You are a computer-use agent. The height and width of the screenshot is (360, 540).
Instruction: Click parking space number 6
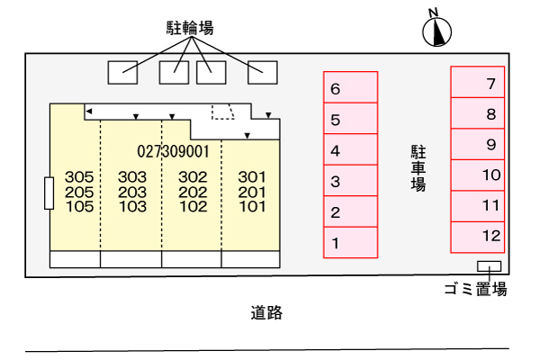pos(350,88)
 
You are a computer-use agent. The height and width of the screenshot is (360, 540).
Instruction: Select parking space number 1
pos(350,242)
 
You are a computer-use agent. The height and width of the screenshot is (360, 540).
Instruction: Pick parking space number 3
pos(350,181)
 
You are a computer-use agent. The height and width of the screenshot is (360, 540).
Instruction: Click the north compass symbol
pos(436,31)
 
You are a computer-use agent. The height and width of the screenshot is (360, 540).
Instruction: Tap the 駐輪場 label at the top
pos(191,29)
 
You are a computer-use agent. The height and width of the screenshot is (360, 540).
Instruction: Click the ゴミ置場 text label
pos(475,289)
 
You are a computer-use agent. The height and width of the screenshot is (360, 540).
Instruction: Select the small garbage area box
pos(490,265)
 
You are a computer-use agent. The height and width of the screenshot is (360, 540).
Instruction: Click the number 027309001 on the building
pos(174,151)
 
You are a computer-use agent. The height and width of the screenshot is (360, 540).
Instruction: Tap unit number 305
pos(79,177)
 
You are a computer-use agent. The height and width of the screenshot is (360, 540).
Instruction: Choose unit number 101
pos(252,206)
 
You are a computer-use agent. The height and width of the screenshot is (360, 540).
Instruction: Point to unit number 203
pos(131,192)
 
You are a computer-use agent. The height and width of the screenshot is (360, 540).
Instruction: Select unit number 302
pos(193,177)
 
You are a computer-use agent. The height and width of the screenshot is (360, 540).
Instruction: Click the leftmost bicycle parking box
pos(122,71)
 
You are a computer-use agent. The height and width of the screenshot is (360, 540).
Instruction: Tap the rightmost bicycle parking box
pos(262,71)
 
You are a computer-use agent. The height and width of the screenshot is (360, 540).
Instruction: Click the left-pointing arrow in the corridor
pos(89,110)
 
